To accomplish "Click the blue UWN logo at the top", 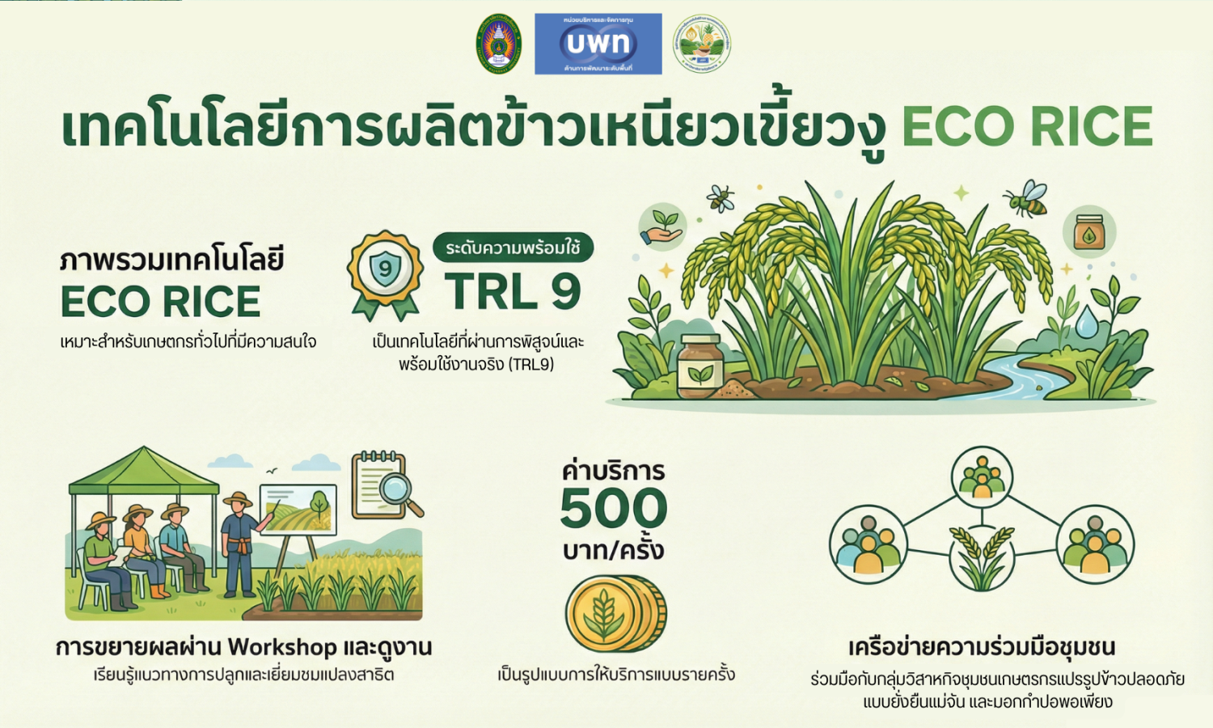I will point(598,44).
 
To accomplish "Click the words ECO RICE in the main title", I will point(1027,127).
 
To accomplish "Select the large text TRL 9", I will point(513,291).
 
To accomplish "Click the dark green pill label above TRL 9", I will point(513,248).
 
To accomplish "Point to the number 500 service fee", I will point(614,509).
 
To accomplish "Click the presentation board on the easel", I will point(298,510).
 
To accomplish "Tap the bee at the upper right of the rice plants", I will point(1025,198).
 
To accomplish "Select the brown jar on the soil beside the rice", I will point(699,366).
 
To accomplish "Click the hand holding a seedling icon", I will point(662,227).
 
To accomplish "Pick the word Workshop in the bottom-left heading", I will point(282,647).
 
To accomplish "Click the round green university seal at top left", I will point(499,44).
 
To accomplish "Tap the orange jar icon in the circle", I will point(1089,232).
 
